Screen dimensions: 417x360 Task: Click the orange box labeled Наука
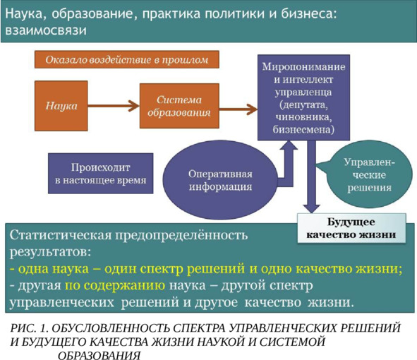(61, 106)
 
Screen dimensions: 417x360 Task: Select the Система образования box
(179, 106)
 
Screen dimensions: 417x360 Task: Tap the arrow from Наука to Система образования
(114, 106)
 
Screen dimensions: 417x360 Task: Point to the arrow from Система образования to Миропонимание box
(238, 109)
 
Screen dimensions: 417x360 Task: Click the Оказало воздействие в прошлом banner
(127, 59)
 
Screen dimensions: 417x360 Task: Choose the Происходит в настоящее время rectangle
(100, 174)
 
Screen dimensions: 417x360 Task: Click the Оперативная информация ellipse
(220, 180)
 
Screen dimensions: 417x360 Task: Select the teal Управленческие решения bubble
(368, 174)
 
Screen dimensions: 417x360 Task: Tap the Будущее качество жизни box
(351, 228)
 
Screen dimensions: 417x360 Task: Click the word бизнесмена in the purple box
(303, 130)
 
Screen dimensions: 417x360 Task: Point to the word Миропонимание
(303, 66)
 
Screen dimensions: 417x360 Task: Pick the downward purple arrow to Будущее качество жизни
(311, 176)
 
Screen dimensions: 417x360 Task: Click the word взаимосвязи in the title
(46, 30)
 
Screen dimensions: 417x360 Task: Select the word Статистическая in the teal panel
(61, 236)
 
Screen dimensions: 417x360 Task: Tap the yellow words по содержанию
(115, 286)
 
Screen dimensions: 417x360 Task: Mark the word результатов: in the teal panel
(50, 252)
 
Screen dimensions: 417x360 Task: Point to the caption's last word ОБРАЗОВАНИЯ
(99, 355)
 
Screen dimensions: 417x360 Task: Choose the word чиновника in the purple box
(303, 117)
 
